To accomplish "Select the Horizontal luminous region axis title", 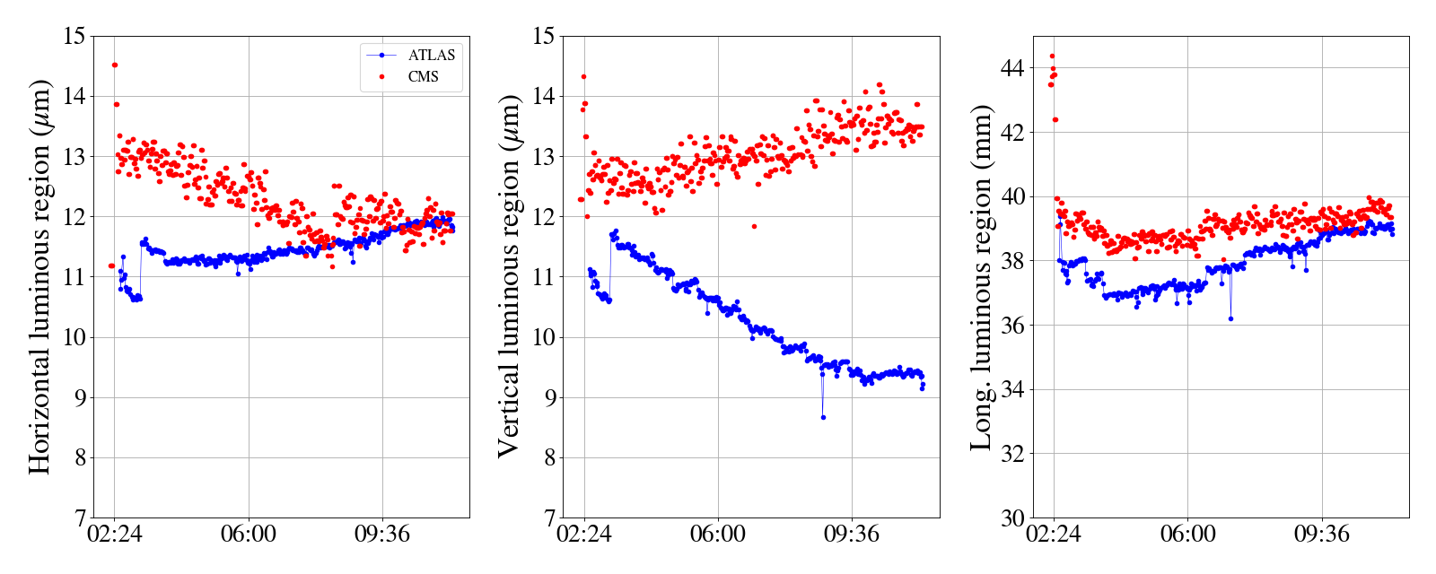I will [40, 276].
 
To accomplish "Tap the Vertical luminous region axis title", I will [509, 276].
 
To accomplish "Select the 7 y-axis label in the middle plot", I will [547, 518].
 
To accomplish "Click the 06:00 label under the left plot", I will [248, 535].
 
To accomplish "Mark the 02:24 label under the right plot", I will [1054, 535].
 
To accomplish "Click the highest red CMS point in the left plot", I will [115, 65].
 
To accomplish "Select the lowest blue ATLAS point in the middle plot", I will [823, 417].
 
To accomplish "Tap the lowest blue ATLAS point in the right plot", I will [1230, 318].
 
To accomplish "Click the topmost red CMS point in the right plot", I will [1052, 56].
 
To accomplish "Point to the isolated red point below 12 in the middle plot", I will [754, 226].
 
